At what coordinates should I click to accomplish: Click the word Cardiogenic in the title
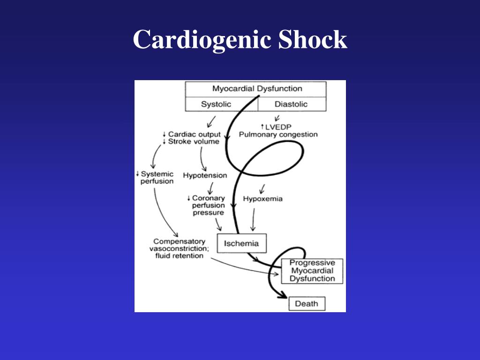pos(202,40)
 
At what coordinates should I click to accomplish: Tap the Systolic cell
pos(216,104)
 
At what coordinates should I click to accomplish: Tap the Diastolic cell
pos(291,104)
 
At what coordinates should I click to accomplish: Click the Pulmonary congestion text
pos(278,135)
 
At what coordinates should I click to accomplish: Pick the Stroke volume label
pos(194,142)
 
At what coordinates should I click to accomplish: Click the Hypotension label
pos(205,175)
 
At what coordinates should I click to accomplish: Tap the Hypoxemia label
pos(262,199)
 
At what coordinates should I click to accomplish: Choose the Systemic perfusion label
pos(157,178)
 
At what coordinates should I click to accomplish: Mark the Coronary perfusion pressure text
pos(209,205)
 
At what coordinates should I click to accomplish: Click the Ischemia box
pos(241,243)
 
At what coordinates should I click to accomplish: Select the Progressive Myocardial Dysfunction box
pos(312,271)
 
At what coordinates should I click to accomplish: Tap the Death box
pos(306,304)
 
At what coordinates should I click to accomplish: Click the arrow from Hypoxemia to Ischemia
pos(254,219)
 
